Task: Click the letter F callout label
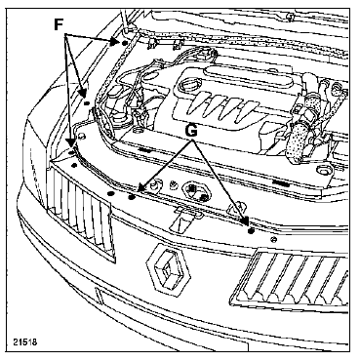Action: tap(59, 24)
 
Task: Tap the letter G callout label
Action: tap(191, 131)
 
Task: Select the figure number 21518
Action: tap(25, 342)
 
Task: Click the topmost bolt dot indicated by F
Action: tap(124, 43)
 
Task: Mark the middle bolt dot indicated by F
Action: tap(87, 103)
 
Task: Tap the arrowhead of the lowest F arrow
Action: tap(70, 143)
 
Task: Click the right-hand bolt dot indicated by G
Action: tap(251, 231)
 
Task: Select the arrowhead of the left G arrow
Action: tap(140, 187)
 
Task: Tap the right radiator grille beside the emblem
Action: tap(291, 280)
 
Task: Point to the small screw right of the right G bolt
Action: tap(274, 240)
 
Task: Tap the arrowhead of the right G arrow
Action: tap(246, 221)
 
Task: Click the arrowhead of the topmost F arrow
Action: tap(114, 41)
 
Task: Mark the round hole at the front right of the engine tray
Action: tap(324, 170)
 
